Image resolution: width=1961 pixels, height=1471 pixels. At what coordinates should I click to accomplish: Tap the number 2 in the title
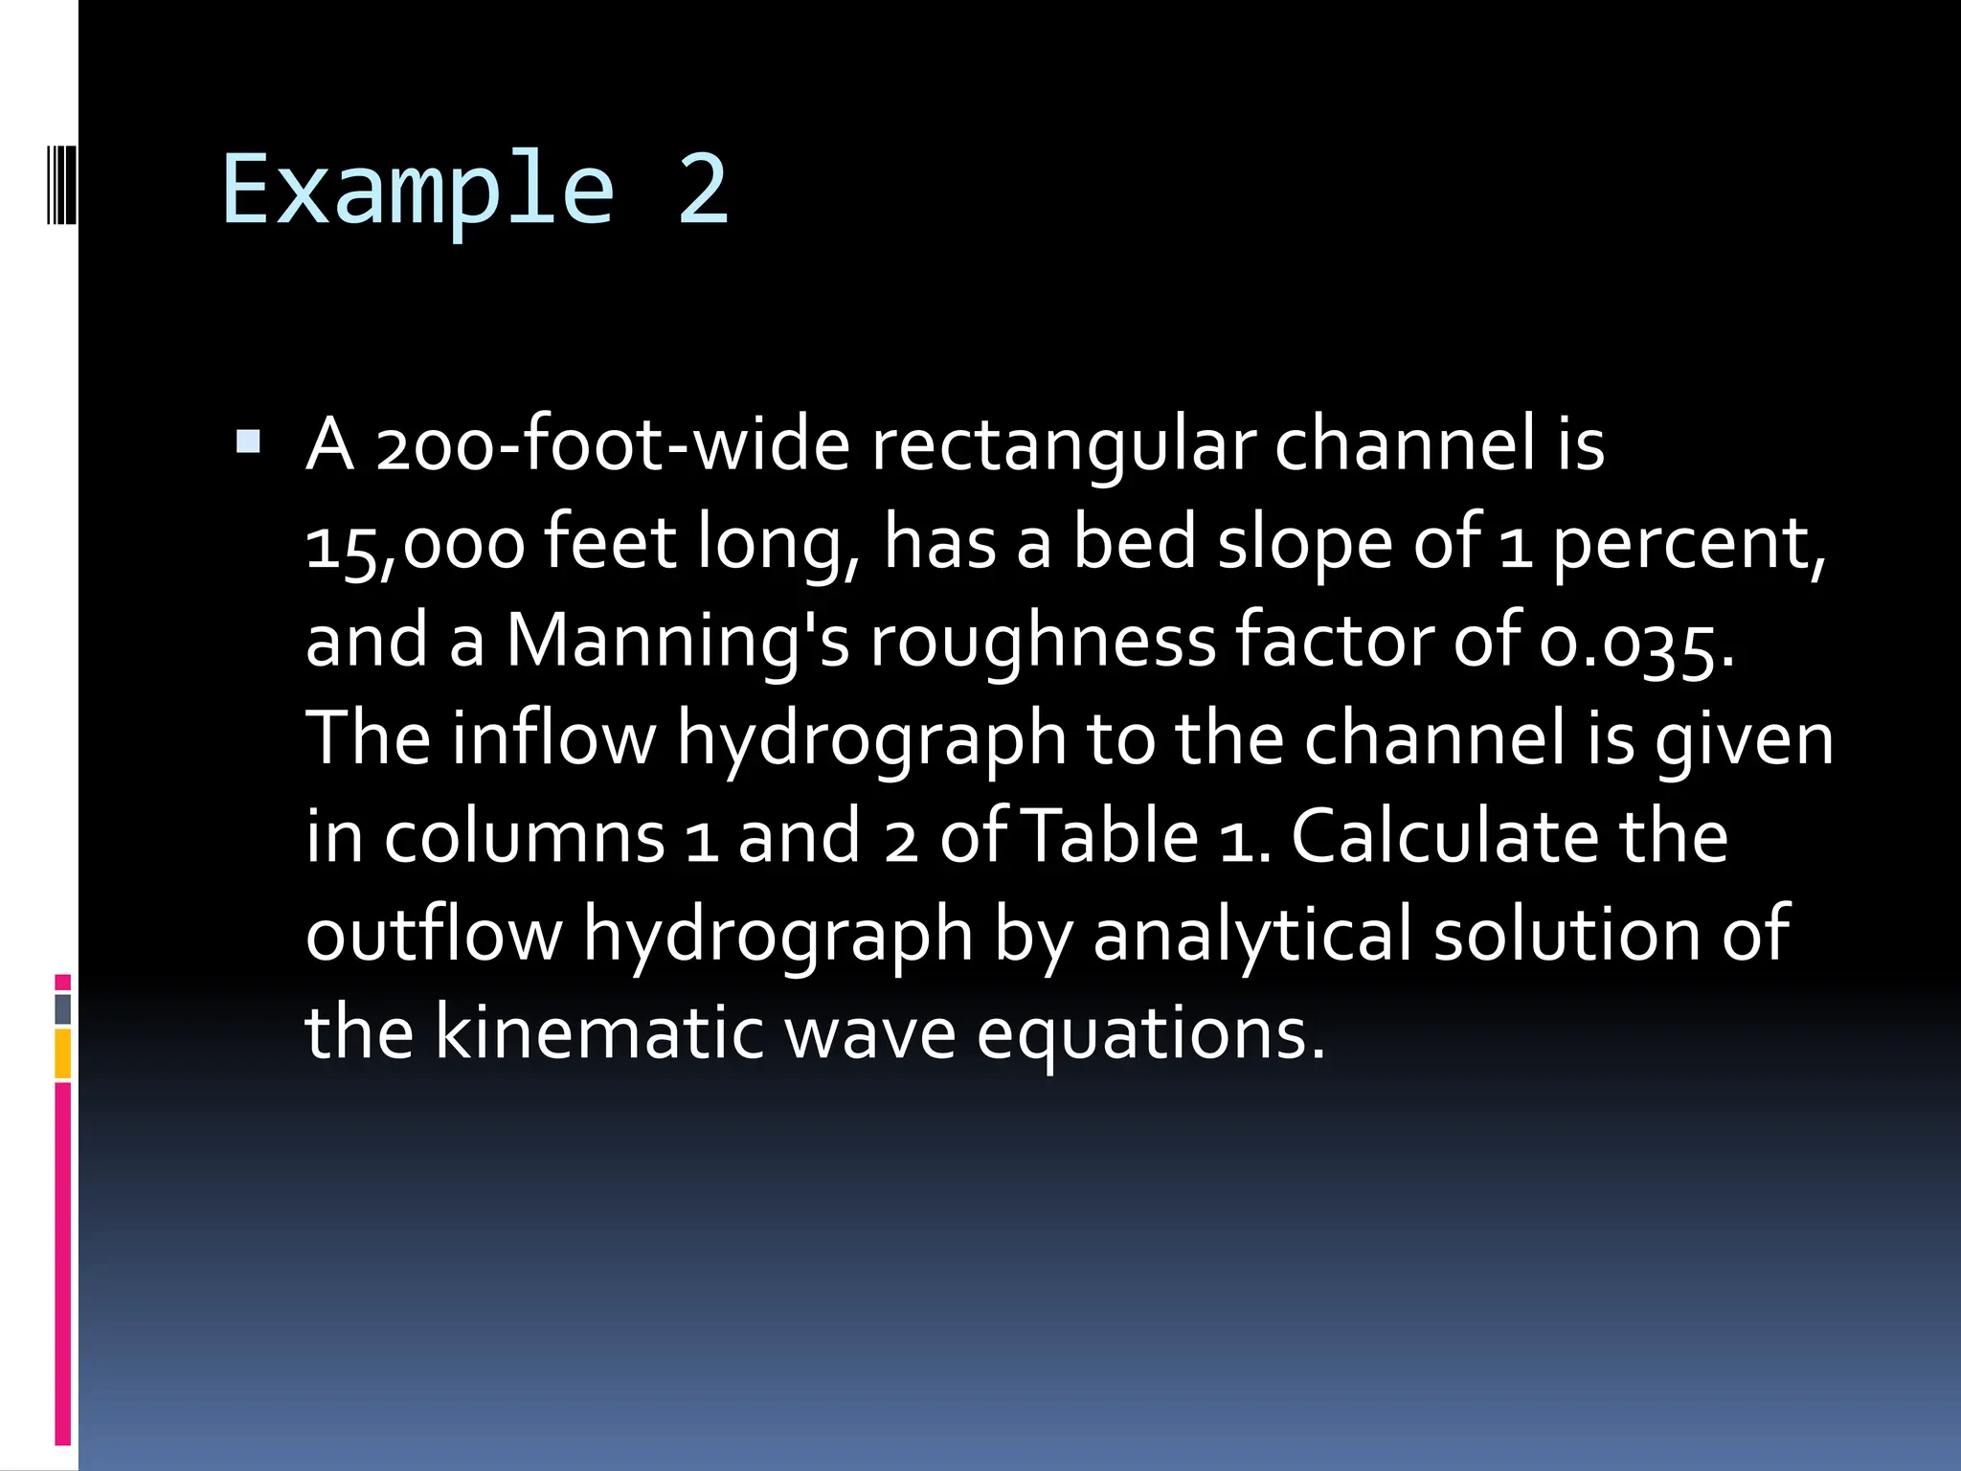tap(704, 190)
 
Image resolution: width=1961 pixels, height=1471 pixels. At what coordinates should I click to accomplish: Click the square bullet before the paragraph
tap(248, 441)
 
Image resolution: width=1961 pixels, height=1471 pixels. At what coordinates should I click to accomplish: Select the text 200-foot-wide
tap(613, 445)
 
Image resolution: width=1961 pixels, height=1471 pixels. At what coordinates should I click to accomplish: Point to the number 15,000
tap(416, 544)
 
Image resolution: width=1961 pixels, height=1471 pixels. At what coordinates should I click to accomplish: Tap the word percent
tap(1689, 544)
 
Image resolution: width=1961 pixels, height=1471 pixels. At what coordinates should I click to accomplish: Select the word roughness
tap(1043, 642)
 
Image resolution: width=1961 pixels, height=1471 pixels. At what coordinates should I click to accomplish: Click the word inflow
tap(554, 739)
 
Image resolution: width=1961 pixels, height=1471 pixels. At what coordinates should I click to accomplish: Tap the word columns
tap(524, 837)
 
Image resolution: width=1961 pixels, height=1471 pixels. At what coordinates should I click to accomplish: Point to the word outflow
tap(435, 935)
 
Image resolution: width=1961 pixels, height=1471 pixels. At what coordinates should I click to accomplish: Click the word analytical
tap(1252, 935)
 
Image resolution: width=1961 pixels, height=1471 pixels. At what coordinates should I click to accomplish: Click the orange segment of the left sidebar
tap(63, 1053)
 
